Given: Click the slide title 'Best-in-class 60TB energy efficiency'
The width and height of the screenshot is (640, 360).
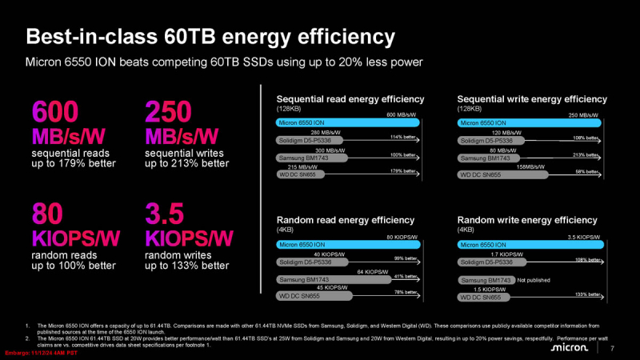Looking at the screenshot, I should tap(210, 37).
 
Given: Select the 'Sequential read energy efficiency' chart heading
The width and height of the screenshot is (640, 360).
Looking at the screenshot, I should tap(350, 99).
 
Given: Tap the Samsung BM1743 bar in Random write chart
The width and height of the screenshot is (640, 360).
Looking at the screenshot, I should tap(486, 280).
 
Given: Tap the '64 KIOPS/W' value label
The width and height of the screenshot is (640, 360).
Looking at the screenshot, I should tap(372, 271).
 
